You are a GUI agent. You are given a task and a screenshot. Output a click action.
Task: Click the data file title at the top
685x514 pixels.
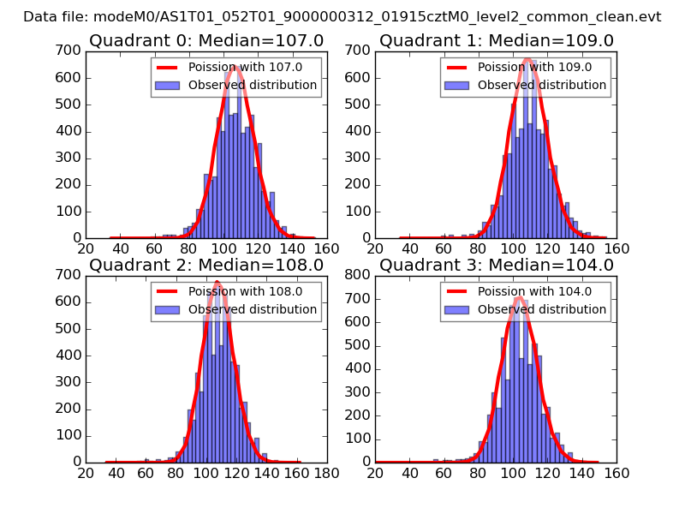coord(342,16)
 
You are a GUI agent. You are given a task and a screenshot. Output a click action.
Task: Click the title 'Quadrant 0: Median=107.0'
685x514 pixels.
coord(206,41)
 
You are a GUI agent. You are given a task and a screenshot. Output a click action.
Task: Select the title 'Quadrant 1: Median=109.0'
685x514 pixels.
coord(497,41)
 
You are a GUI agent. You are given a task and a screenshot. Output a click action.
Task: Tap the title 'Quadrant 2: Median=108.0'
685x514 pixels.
coord(206,265)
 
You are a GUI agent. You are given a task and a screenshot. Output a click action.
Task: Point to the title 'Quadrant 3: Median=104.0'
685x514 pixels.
coord(497,265)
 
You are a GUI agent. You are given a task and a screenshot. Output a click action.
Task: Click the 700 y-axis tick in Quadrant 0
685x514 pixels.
coord(70,51)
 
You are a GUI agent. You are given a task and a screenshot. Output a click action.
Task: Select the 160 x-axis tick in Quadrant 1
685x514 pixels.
coord(616,248)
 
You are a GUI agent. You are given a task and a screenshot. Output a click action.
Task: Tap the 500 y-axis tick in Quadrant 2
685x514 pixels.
coord(70,328)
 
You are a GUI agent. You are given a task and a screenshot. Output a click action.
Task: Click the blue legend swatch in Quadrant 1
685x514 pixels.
coord(456,85)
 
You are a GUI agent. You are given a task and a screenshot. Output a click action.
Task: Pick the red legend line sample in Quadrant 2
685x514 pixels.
coord(167,290)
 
